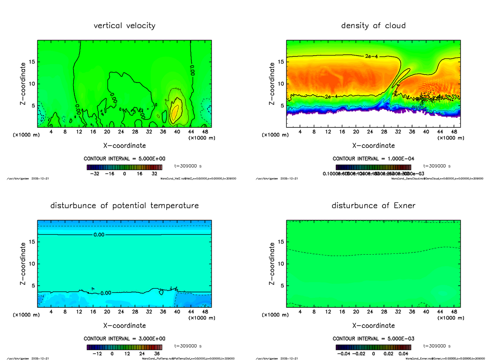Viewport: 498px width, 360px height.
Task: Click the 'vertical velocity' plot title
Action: [x=124, y=26]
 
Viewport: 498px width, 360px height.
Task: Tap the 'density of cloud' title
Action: [x=373, y=26]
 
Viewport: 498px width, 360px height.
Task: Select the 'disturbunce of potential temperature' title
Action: [x=124, y=206]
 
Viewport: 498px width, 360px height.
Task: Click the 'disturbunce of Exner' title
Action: [x=373, y=206]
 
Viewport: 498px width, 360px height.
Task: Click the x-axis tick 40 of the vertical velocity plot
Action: [x=177, y=132]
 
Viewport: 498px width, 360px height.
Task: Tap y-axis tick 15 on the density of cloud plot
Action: [x=281, y=62]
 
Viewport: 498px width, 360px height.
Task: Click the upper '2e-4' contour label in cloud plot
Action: [x=371, y=56]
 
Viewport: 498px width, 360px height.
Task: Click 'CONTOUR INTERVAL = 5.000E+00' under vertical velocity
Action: [x=124, y=159]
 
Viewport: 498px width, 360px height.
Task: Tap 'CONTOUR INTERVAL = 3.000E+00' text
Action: [x=124, y=339]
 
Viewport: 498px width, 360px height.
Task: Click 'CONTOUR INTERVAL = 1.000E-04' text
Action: [x=373, y=159]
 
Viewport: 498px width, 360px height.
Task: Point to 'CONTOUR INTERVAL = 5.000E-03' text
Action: [x=373, y=339]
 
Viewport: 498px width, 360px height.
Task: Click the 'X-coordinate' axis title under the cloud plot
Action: [x=373, y=146]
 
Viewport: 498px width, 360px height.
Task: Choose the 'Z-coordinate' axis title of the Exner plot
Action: [x=272, y=264]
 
